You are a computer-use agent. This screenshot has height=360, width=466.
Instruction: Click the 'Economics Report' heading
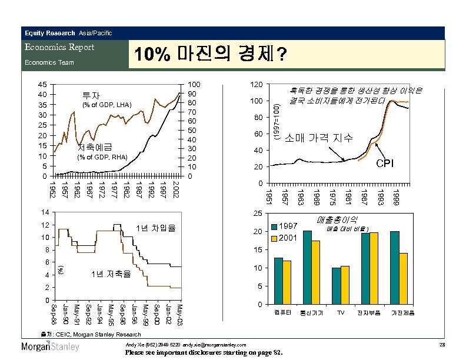pyautogui.click(x=59, y=47)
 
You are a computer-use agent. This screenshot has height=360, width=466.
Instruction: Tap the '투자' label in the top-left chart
pyautogui.click(x=91, y=95)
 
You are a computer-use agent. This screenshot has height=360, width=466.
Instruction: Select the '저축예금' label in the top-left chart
pyautogui.click(x=99, y=147)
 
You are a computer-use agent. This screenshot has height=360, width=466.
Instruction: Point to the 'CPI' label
pyautogui.click(x=385, y=163)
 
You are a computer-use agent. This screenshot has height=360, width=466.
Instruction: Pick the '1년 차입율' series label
pyautogui.click(x=155, y=228)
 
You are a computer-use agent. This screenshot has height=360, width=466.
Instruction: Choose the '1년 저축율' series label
pyautogui.click(x=111, y=274)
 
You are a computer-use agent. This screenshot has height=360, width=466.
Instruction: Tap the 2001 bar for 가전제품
pyautogui.click(x=403, y=279)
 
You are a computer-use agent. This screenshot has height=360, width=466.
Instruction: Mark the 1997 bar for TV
pyautogui.click(x=337, y=286)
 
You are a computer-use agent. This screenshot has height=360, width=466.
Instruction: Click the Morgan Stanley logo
pyautogui.click(x=50, y=346)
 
